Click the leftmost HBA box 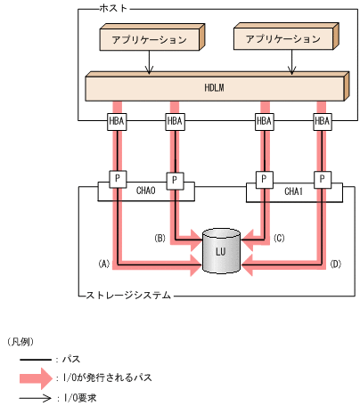(x=116, y=121)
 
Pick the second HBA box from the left (x=175, y=121)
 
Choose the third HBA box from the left (x=264, y=121)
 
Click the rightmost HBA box (x=322, y=121)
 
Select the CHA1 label (x=292, y=190)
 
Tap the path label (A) (x=103, y=264)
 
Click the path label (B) (x=160, y=238)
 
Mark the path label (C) (x=278, y=238)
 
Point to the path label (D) (x=335, y=264)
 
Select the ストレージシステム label (x=124, y=293)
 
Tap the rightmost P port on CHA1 (x=322, y=179)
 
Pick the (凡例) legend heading (x=20, y=341)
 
